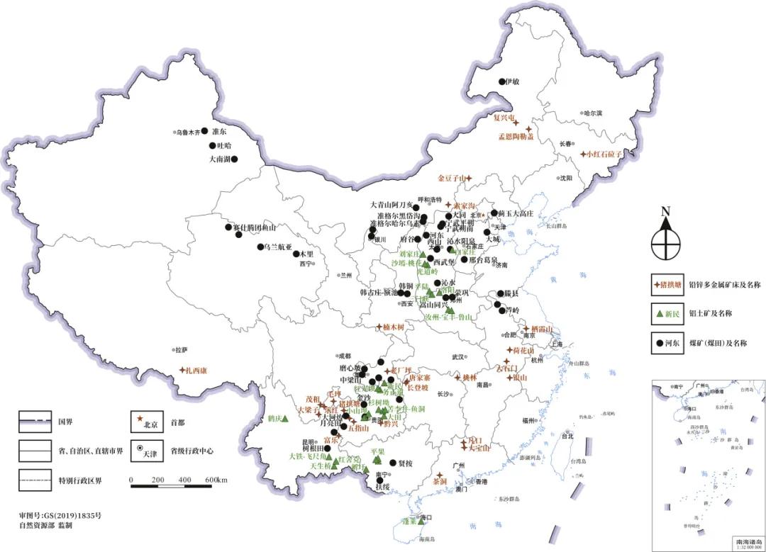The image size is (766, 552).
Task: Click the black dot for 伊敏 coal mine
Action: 501,81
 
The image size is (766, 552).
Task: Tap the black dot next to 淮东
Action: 205,131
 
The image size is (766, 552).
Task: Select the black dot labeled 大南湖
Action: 234,159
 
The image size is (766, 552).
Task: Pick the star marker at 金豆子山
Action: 469,178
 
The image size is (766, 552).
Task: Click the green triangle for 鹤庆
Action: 284,419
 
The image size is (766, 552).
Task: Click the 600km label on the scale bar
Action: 216,480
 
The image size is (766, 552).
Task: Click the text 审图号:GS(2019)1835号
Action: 60,515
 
